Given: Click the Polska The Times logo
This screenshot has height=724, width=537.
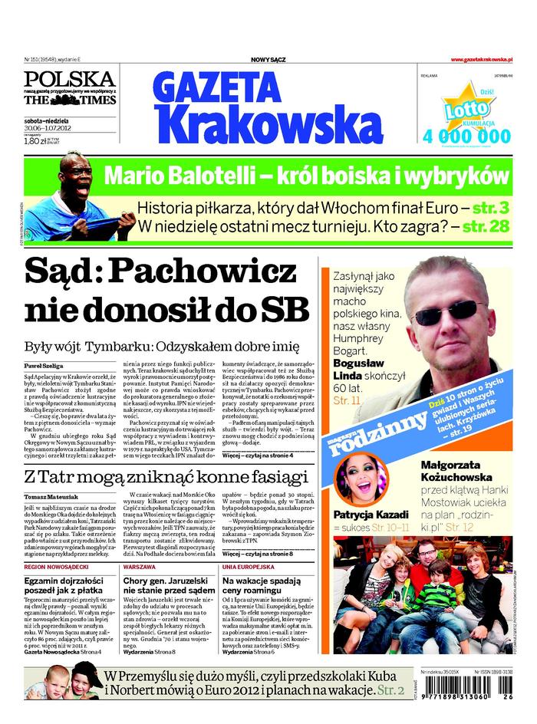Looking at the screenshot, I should click(69, 90).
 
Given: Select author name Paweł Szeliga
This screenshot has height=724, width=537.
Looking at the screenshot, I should click(42, 366).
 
